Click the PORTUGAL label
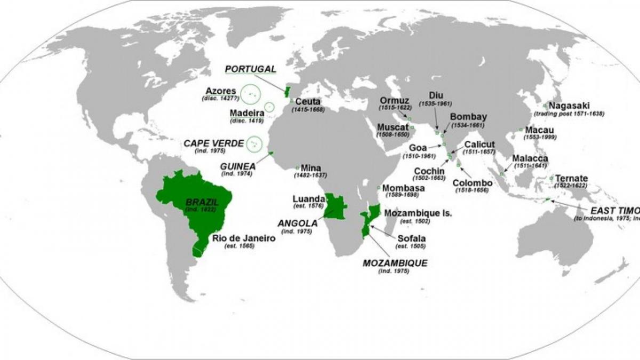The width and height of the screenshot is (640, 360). click(251, 69)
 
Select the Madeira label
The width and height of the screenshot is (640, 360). click(246, 113)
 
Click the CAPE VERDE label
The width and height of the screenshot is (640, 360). click(213, 143)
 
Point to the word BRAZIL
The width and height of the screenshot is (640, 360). click(198, 202)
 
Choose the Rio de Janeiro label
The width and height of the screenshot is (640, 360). click(244, 238)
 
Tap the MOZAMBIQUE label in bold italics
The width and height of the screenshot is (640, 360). click(395, 263)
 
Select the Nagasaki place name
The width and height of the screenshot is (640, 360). click(569, 106)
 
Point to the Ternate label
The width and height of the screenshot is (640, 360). click(571, 178)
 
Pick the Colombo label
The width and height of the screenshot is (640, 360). click(472, 183)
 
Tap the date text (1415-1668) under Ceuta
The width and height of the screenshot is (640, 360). click(308, 109)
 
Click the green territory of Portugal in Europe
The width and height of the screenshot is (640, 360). click(287, 91)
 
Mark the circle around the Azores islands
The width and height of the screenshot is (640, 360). click(248, 93)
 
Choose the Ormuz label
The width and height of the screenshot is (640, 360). click(394, 100)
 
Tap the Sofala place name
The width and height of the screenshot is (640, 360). click(409, 238)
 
